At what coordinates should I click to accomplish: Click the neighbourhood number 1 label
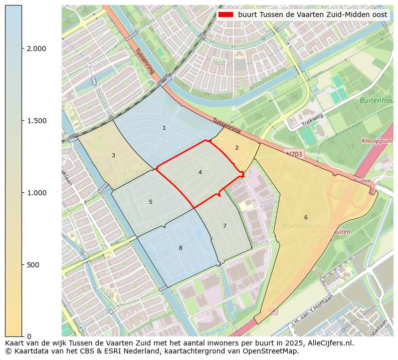[x=164, y=128]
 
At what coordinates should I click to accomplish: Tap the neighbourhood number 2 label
[x=237, y=148]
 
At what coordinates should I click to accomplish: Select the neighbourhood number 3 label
[x=113, y=155]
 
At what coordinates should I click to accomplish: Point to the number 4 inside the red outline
[x=200, y=172]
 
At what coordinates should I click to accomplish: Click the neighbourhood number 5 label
[x=150, y=202]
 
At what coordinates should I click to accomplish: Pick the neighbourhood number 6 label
[x=306, y=217]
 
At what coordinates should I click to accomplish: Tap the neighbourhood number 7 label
[x=225, y=226]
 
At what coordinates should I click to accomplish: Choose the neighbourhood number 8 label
[x=180, y=248]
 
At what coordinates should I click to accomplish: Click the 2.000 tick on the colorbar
[x=36, y=49]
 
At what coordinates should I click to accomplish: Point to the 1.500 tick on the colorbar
[x=36, y=121]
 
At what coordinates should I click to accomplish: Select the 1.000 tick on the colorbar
[x=36, y=193]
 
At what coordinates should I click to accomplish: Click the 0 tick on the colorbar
[x=29, y=336]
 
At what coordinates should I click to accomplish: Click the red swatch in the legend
[x=226, y=15]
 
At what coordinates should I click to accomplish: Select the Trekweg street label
[x=312, y=120]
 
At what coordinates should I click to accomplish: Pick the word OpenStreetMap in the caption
[x=273, y=351]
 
